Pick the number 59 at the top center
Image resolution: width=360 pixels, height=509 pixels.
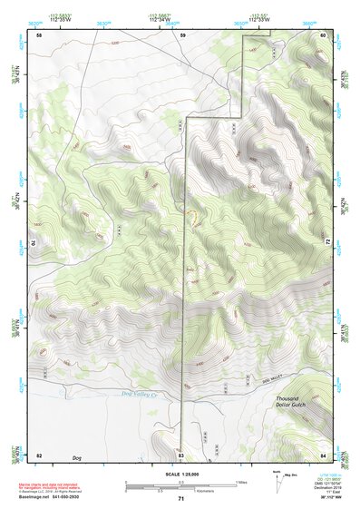point(182,34)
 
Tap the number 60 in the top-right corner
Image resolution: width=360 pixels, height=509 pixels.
point(324,34)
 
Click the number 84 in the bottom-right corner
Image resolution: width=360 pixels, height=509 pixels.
point(324,454)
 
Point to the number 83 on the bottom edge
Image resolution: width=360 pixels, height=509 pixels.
point(181,454)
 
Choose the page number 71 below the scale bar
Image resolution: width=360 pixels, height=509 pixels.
point(180,499)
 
